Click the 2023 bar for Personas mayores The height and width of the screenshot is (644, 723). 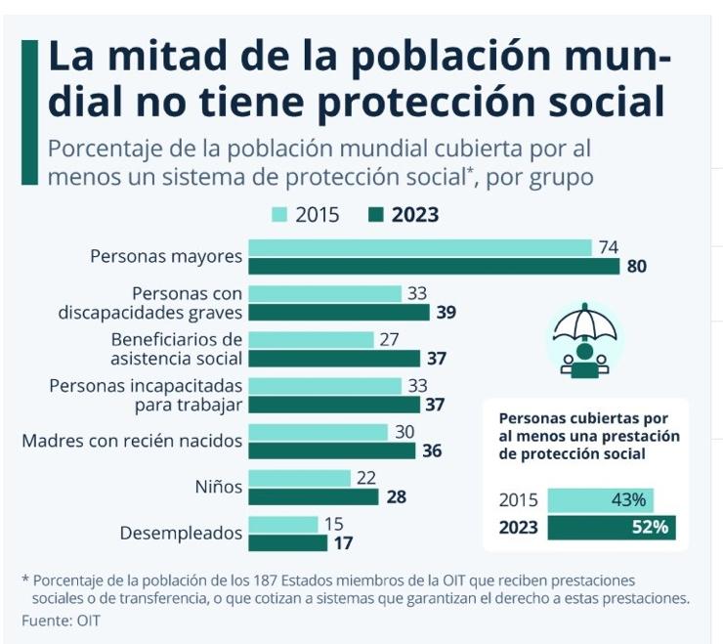coord(434,267)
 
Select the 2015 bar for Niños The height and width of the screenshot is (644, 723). coord(299,477)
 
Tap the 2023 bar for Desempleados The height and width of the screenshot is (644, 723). coord(287,542)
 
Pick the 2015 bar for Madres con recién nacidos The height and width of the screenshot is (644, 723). coord(319,432)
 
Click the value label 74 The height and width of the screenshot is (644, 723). coord(609,247)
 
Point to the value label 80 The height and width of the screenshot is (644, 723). coord(637,267)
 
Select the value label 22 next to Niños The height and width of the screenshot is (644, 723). coord(366,477)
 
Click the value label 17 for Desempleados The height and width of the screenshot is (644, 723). coord(343,542)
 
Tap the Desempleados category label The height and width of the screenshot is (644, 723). coord(181,534)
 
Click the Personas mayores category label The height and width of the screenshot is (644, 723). coord(165,257)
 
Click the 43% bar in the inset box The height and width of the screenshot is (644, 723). coord(600,500)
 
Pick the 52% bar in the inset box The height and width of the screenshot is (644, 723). coord(611,528)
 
